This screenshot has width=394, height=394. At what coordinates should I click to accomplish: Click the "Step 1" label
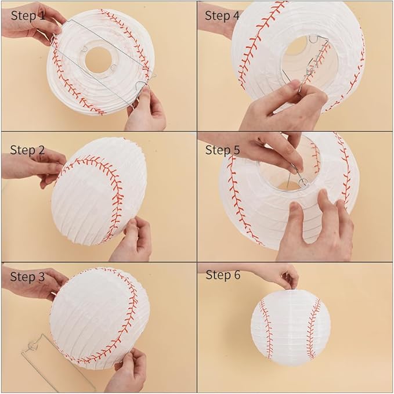[x=27, y=16]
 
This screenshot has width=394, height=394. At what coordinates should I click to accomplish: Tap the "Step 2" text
[x=27, y=150]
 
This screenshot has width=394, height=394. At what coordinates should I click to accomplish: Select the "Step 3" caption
[x=27, y=277]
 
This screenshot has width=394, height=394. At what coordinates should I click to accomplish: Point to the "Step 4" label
[x=222, y=16]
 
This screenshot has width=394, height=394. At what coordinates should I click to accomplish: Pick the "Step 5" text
[x=222, y=150]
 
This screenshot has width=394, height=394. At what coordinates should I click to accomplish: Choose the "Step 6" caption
[x=222, y=275]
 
